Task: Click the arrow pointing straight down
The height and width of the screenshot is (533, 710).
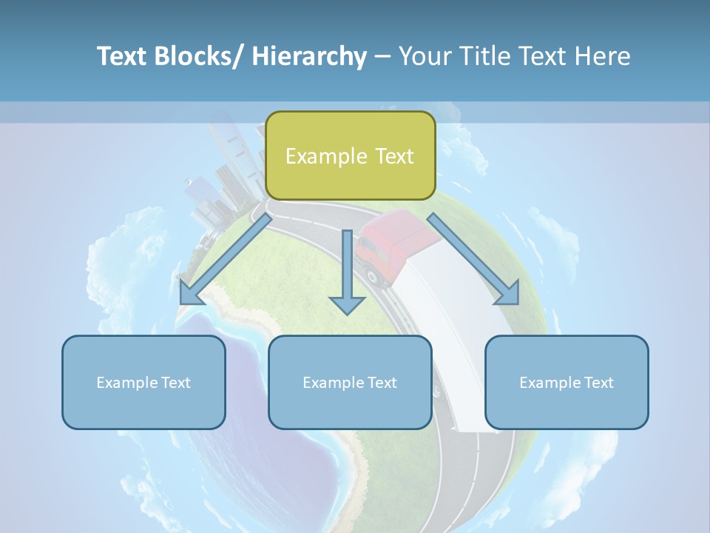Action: [x=347, y=274]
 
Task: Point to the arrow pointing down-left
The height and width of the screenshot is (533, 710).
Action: [x=222, y=259]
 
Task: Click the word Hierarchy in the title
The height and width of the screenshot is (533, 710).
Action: [x=309, y=56]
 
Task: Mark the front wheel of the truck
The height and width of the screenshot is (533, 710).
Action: [x=374, y=277]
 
